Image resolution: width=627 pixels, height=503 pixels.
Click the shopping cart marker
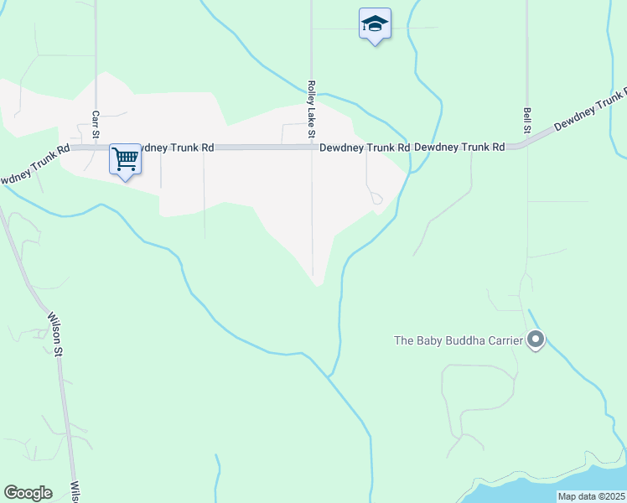pyautogui.click(x=125, y=158)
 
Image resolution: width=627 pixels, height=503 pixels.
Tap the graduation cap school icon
pyautogui.click(x=375, y=24)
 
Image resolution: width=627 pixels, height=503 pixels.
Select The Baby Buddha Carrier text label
pyautogui.click(x=459, y=340)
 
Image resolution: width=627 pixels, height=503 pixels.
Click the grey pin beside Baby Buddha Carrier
pyautogui.click(x=536, y=340)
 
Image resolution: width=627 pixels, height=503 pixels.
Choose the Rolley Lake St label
pyautogui.click(x=311, y=109)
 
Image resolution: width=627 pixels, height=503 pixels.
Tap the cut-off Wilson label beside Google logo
pyautogui.click(x=75, y=490)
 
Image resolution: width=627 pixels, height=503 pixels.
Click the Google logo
pyautogui.click(x=28, y=493)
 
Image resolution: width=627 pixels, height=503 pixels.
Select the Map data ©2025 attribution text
pyautogui.click(x=591, y=496)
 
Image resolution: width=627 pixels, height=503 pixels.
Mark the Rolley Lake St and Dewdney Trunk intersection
pyautogui.click(x=312, y=148)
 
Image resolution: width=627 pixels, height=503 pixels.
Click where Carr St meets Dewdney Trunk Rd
pyautogui.click(x=96, y=148)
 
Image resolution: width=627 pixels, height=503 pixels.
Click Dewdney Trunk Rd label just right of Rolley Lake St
pyautogui.click(x=365, y=148)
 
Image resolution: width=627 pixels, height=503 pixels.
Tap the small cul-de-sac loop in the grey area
pyautogui.click(x=377, y=199)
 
